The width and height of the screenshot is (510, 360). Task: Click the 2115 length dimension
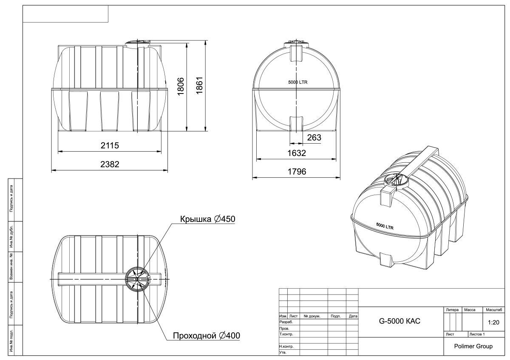point(110,145)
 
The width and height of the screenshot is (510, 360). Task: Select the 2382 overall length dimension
point(110,164)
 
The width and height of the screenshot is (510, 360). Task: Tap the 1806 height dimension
point(181,86)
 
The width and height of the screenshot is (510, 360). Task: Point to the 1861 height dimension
point(199,85)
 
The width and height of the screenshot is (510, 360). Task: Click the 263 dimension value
point(314,138)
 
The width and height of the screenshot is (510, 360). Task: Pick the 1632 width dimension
point(297,153)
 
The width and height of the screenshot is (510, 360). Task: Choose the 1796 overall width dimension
point(297,171)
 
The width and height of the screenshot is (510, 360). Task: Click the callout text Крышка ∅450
point(207,219)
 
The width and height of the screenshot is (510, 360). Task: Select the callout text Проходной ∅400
point(206,336)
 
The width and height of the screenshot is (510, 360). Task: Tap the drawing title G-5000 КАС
point(399,321)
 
